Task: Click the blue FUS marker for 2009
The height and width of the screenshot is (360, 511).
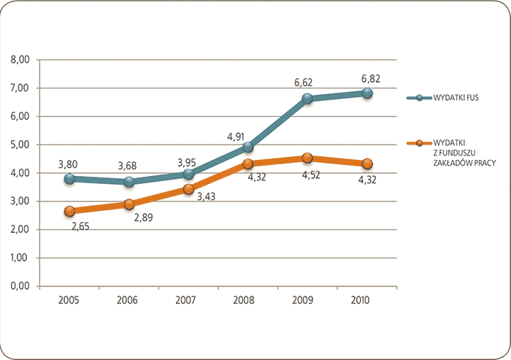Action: (x=307, y=99)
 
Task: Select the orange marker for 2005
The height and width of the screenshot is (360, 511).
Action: (x=69, y=211)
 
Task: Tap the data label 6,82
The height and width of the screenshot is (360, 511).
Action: (x=366, y=79)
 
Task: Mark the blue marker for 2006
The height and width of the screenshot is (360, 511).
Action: (x=128, y=182)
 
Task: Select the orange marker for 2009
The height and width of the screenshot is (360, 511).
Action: (x=307, y=158)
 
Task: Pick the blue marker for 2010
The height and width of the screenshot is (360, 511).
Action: (x=366, y=93)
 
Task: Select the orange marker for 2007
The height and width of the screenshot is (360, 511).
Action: (x=188, y=189)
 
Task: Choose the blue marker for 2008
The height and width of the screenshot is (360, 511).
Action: (x=247, y=148)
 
